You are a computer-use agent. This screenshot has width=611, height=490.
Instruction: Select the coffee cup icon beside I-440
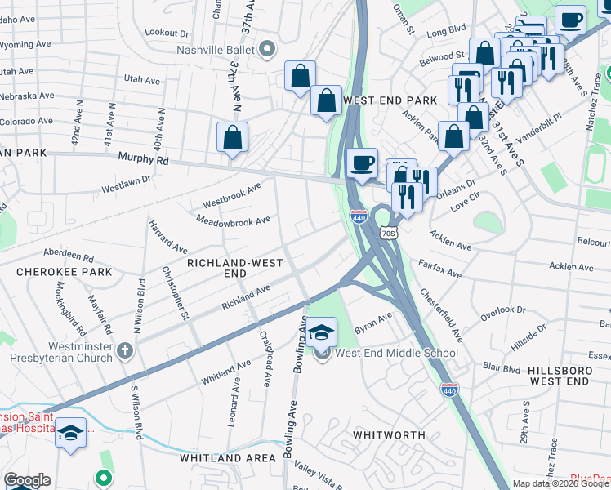tap(361, 162)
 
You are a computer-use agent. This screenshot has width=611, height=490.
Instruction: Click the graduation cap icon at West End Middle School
tap(323, 332)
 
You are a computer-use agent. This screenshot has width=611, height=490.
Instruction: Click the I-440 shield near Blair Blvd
tap(448, 390)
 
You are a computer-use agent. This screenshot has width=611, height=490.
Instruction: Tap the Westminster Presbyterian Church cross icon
tap(124, 350)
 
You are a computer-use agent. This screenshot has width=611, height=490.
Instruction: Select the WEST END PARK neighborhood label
tap(390, 100)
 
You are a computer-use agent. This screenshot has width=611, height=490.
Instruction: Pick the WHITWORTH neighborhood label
tap(389, 435)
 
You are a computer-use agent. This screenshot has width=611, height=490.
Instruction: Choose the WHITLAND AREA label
tap(228, 458)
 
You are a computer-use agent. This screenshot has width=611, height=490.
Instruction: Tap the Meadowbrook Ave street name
tap(234, 220)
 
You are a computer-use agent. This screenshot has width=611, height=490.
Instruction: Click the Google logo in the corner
tap(27, 480)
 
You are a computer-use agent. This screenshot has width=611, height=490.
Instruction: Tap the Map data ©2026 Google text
tap(560, 483)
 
